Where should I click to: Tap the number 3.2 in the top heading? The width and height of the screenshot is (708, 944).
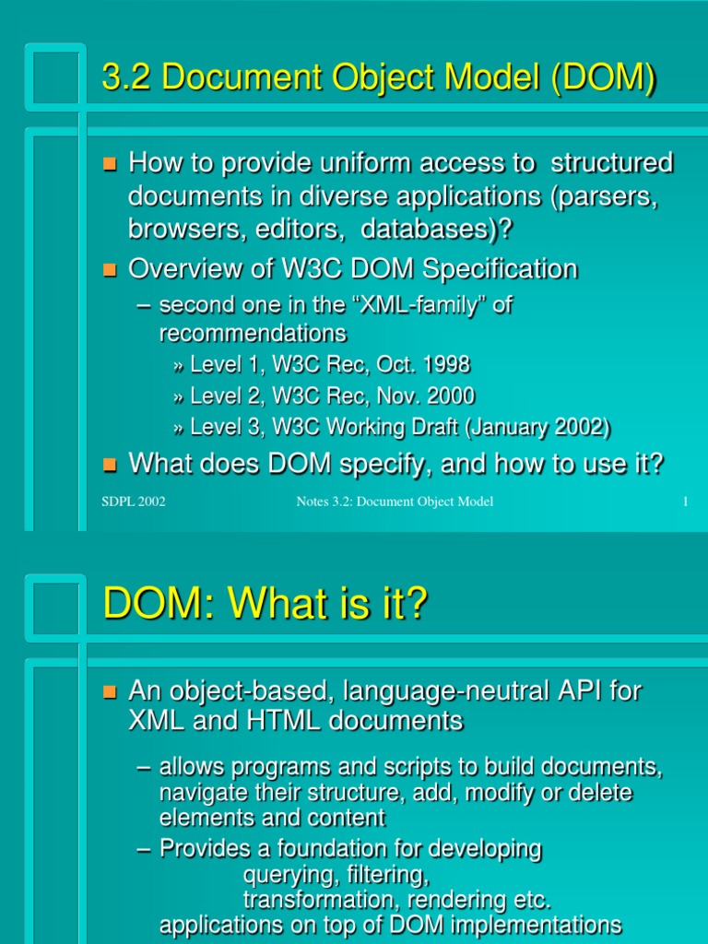click(x=123, y=79)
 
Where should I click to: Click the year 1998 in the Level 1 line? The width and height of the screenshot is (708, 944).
click(x=441, y=365)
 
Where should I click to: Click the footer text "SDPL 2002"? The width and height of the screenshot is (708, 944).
click(x=133, y=501)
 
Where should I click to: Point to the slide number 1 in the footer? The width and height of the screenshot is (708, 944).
click(x=686, y=501)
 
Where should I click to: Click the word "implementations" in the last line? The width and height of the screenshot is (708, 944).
click(x=530, y=924)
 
